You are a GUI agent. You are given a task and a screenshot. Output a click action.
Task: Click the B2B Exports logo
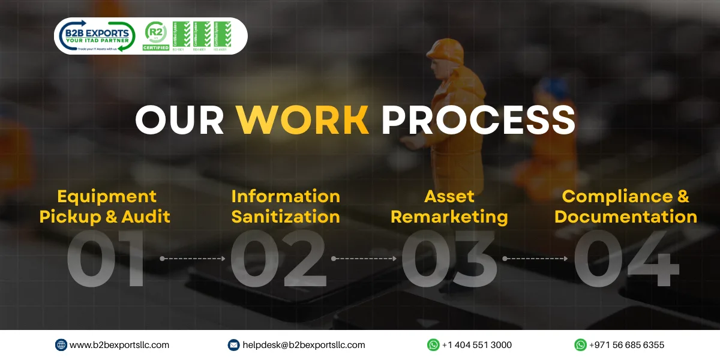point(96,36)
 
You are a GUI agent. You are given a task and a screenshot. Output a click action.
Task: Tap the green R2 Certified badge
point(156,36)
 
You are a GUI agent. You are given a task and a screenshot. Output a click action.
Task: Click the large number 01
point(106,259)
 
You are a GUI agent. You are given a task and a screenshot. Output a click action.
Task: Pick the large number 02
point(278,259)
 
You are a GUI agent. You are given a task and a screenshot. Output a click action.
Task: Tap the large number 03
point(449,259)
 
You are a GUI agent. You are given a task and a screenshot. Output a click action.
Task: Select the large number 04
point(626,259)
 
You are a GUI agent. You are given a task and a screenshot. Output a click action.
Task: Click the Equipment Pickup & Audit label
point(105,206)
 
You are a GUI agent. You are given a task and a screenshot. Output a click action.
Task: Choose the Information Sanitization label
point(286,206)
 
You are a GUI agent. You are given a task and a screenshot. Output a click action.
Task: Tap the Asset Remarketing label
point(449,206)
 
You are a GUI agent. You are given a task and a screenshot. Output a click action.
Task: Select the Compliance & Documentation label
point(626,206)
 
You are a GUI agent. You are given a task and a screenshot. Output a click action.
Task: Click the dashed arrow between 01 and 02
point(193,259)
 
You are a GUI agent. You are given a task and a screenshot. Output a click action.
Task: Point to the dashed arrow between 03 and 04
point(535,259)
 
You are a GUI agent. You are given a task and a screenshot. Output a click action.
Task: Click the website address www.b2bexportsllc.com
point(119,345)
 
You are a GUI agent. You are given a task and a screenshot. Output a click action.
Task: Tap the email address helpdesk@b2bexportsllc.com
point(304,345)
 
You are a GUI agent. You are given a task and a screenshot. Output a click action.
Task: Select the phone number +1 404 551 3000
point(476,345)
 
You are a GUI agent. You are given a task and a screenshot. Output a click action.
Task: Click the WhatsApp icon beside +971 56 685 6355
point(580,345)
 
